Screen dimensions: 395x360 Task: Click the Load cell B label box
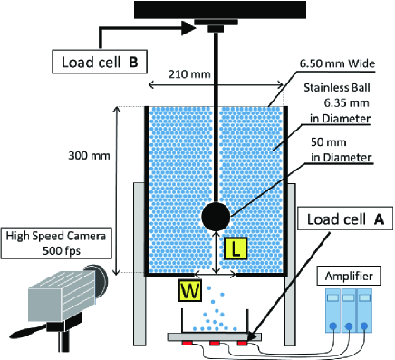pos(100,62)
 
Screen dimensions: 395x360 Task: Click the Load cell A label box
pos(345,219)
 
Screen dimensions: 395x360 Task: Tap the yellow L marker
pos(236,248)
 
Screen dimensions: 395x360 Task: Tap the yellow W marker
pos(189,291)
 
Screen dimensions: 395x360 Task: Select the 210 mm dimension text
pos(189,74)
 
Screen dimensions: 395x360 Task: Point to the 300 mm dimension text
pos(89,156)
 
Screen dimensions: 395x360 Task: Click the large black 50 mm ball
pos(216,217)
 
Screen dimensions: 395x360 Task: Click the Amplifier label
pos(349,276)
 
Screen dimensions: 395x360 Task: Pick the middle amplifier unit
pos(349,311)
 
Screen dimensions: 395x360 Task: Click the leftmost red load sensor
pos(187,343)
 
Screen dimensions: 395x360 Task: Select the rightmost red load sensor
pos(242,343)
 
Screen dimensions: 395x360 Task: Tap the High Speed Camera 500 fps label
pos(56,244)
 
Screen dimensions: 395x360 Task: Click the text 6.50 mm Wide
pos(337,63)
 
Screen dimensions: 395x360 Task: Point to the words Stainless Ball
pos(337,88)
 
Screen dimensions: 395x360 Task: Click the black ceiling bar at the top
pos(220,10)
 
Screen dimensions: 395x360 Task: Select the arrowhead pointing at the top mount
pos(188,29)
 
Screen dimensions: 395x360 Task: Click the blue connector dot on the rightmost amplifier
pos(364,326)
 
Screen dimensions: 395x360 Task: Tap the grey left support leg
pos(140,264)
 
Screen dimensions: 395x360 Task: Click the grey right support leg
pos(290,264)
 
